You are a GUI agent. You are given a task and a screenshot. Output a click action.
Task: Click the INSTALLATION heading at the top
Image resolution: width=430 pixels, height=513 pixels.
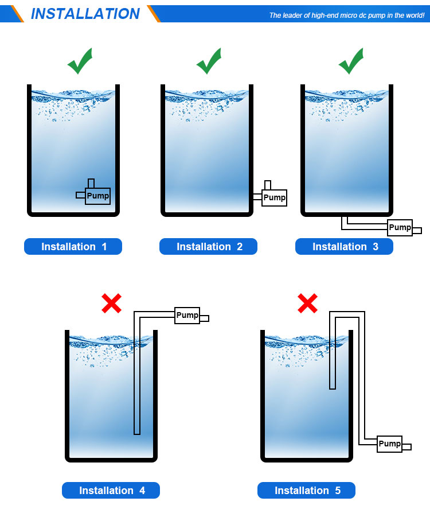[85, 14]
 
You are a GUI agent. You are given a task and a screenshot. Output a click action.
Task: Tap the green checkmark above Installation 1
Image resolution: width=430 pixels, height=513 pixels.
[80, 61]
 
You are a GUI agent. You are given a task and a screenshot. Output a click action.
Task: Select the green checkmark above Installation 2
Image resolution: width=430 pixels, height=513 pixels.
[209, 61]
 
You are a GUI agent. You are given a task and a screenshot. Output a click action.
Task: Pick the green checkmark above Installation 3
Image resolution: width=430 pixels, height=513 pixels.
[351, 61]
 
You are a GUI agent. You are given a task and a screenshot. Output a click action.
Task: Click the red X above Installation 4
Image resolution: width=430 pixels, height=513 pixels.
[111, 304]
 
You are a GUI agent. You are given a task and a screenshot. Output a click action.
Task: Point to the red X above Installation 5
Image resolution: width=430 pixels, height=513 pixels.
[307, 304]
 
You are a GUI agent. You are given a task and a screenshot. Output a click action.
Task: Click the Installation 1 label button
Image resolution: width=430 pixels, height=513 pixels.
[73, 246]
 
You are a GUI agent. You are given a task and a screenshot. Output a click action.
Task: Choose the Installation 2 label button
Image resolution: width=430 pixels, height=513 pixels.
[208, 246]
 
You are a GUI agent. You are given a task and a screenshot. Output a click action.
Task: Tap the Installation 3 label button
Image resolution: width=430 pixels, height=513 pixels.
[344, 246]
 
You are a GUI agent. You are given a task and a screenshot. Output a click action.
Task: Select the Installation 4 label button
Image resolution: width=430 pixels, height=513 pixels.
[111, 490]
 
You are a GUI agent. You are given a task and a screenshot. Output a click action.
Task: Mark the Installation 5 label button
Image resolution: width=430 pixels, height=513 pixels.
[306, 490]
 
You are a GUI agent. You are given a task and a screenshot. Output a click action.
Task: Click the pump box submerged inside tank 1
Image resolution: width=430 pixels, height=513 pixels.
[98, 196]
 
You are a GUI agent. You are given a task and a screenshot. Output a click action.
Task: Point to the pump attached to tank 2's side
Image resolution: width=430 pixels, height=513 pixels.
[275, 197]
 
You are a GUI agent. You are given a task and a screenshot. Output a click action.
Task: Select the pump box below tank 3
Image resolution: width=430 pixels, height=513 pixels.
[400, 227]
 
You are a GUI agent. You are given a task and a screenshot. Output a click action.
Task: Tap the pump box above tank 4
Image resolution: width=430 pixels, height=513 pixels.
[187, 316]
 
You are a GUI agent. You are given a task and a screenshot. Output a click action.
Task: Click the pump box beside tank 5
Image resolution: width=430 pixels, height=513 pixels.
[389, 444]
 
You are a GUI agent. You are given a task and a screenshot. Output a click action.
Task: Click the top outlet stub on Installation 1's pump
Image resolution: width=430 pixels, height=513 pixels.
[91, 183]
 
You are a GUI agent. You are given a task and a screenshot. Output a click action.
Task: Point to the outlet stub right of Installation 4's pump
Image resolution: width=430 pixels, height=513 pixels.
[204, 318]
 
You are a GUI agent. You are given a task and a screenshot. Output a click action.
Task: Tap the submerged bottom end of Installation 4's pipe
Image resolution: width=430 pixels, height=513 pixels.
[137, 434]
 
